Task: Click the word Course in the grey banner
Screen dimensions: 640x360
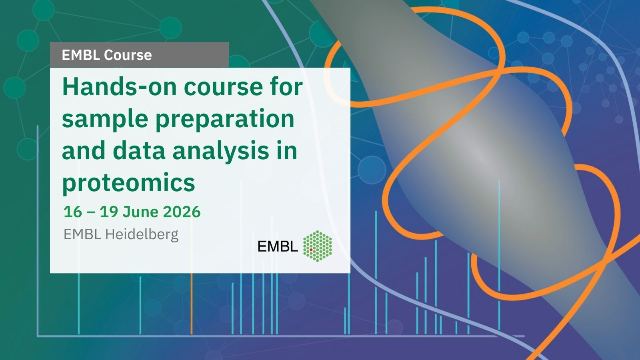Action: point(128,55)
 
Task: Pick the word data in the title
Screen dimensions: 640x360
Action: point(139,150)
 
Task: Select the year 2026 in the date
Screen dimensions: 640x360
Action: point(182,212)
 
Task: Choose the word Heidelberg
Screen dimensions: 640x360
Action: point(142,234)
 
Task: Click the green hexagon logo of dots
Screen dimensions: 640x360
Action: point(318,246)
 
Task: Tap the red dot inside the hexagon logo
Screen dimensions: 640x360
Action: point(311,250)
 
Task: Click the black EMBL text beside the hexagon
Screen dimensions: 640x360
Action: point(278,246)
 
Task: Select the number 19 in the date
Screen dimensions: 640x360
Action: point(109,212)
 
